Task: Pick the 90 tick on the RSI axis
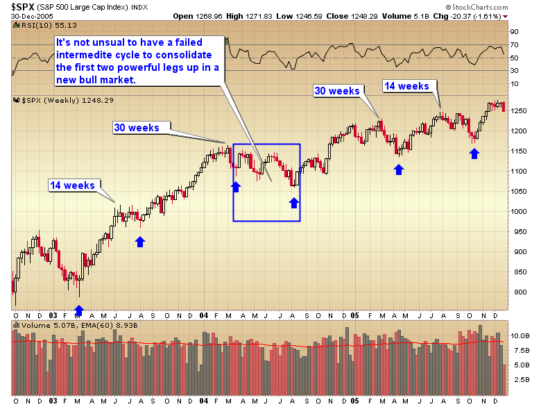pos(515,31)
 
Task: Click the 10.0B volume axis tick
pos(519,335)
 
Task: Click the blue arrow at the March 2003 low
pos(79,310)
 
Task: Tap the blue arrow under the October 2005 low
pos(474,153)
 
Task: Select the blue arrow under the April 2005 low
pos(399,169)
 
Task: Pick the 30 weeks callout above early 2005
pos(337,91)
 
